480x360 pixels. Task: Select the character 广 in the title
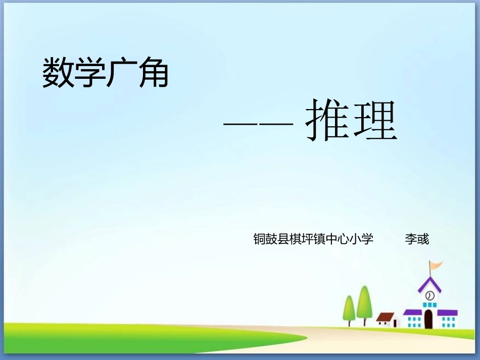point(121,72)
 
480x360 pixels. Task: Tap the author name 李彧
point(417,239)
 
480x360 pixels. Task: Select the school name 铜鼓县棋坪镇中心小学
point(313,239)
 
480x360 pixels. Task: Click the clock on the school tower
point(430,295)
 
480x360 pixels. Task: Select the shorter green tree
point(349,308)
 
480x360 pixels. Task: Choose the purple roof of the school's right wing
point(447,313)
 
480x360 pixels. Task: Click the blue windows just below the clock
point(429,305)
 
